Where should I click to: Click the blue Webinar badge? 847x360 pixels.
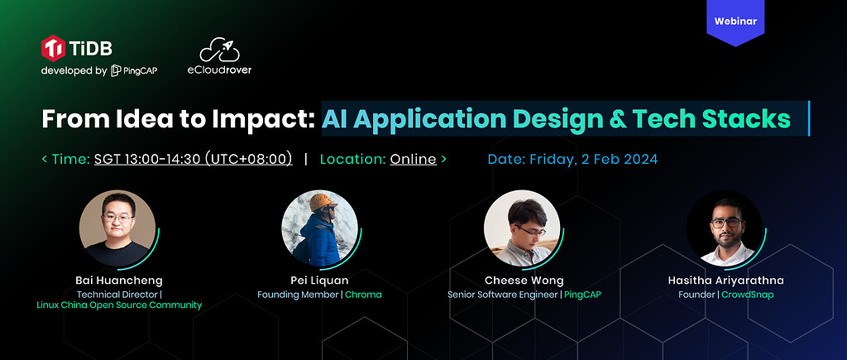pyautogui.click(x=735, y=22)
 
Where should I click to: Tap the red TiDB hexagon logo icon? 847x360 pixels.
pyautogui.click(x=53, y=48)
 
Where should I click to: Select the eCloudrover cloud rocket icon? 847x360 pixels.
pyautogui.click(x=219, y=50)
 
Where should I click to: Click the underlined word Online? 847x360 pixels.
pyautogui.click(x=414, y=159)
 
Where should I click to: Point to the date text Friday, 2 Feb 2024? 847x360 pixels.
pyautogui.click(x=594, y=160)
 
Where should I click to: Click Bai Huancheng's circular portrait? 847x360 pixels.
pyautogui.click(x=117, y=228)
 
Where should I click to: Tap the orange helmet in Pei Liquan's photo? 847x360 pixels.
pyautogui.click(x=323, y=202)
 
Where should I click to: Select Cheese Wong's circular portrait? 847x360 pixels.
pyautogui.click(x=522, y=228)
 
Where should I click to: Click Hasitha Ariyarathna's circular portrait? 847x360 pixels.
pyautogui.click(x=725, y=228)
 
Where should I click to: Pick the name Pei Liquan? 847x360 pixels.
pyautogui.click(x=319, y=281)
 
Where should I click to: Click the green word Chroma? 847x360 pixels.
pyautogui.click(x=363, y=295)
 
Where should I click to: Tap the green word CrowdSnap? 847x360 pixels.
pyautogui.click(x=748, y=295)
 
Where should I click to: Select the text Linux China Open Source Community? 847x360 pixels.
pyautogui.click(x=119, y=305)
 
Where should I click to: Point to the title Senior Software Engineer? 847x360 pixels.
pyautogui.click(x=502, y=295)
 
